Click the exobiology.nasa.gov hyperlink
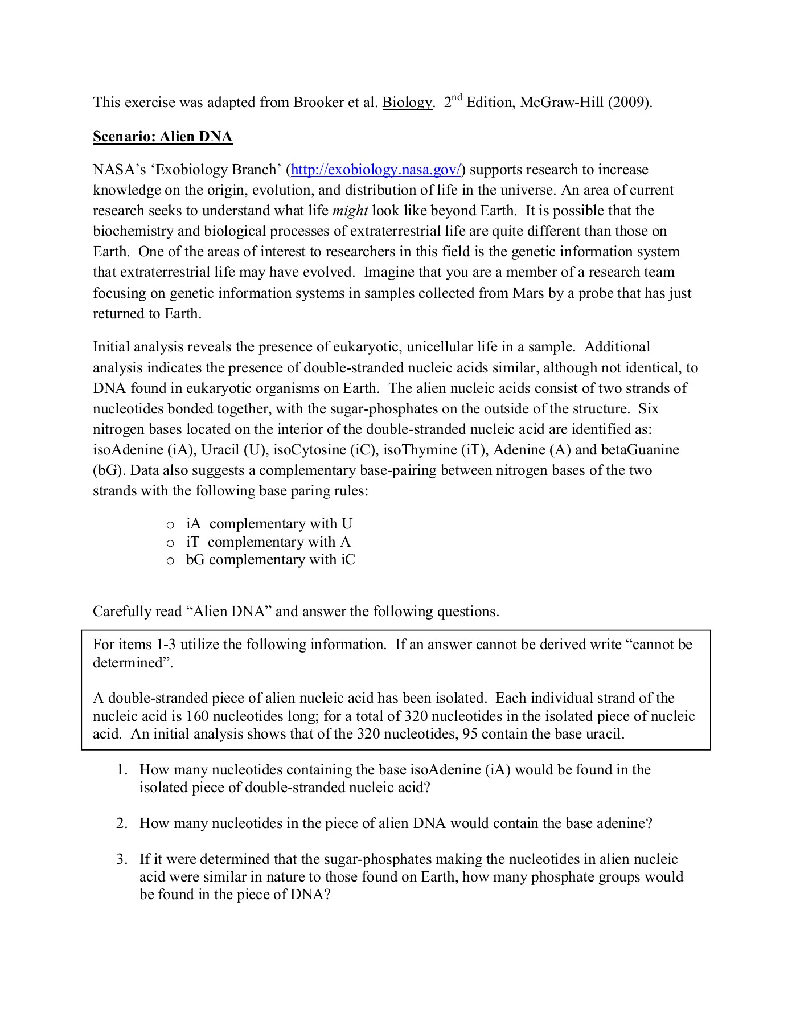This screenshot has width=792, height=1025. [x=376, y=170]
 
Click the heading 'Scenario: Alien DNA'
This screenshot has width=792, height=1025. [x=162, y=137]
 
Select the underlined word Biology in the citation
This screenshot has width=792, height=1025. [x=407, y=102]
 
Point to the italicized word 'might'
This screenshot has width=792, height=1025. [x=350, y=211]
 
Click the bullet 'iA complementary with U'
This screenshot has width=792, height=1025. [x=269, y=524]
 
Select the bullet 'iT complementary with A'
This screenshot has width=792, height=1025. [x=268, y=542]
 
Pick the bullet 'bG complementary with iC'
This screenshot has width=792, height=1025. [x=270, y=560]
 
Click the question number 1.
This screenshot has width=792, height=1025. [x=121, y=770]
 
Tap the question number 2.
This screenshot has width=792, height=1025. [x=121, y=823]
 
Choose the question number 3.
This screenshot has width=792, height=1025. [x=121, y=859]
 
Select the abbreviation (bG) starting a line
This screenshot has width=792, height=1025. [x=104, y=470]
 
